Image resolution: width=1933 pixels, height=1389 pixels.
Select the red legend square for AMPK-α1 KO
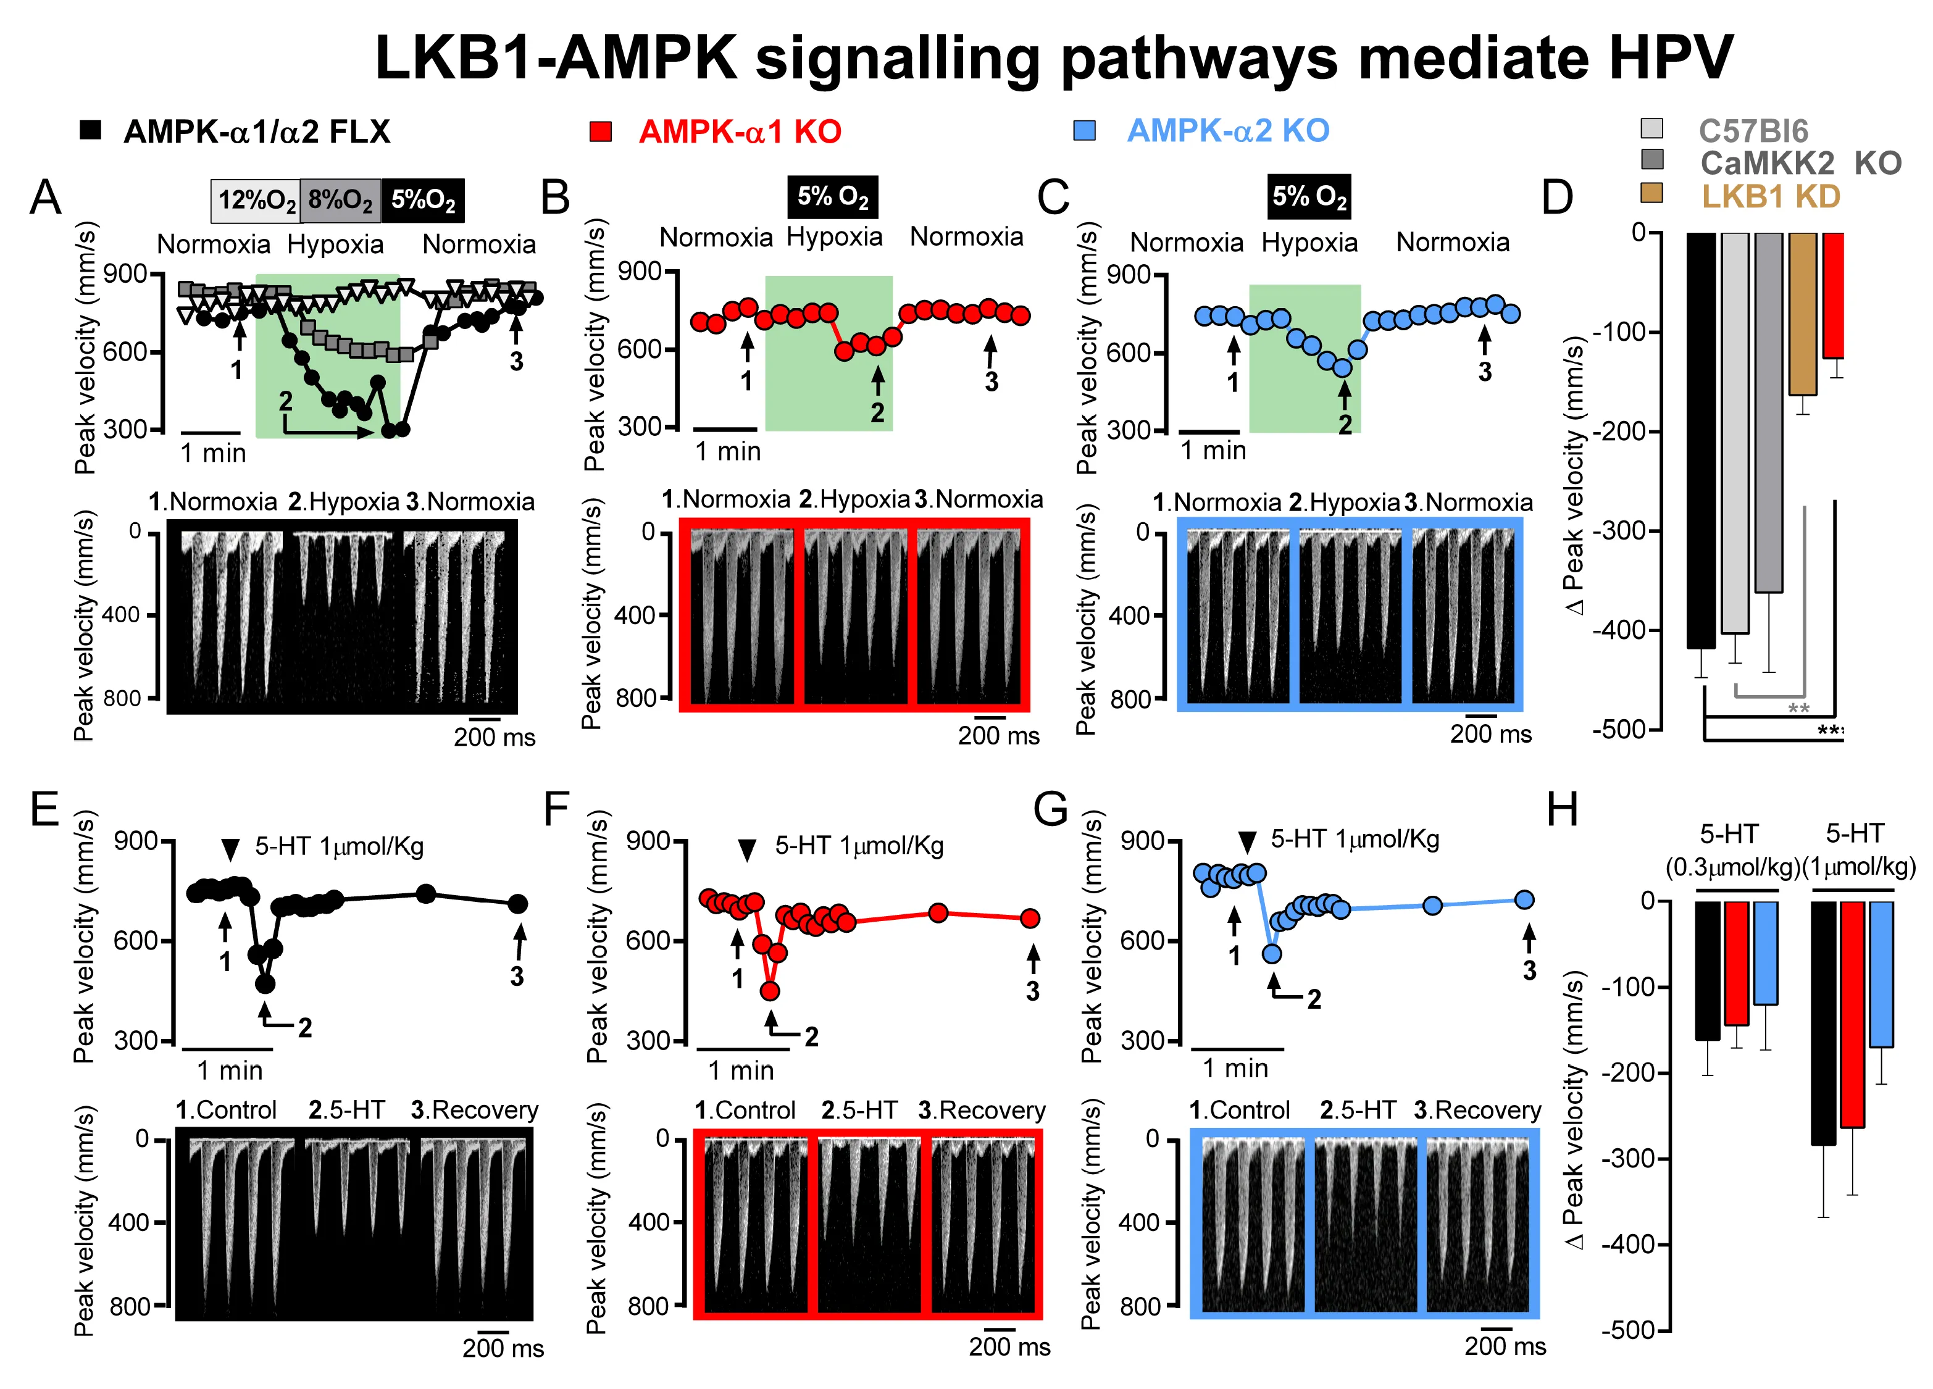[x=600, y=131]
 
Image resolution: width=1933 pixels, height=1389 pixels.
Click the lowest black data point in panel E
[x=265, y=983]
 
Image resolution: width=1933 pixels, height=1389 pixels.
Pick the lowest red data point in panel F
[x=770, y=990]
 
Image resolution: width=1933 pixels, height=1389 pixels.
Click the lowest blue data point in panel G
[x=1272, y=954]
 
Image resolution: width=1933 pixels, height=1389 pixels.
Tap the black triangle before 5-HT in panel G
[x=1247, y=842]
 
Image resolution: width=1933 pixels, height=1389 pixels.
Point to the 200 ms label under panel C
[x=1491, y=733]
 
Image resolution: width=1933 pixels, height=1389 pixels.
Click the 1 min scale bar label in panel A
[x=213, y=453]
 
